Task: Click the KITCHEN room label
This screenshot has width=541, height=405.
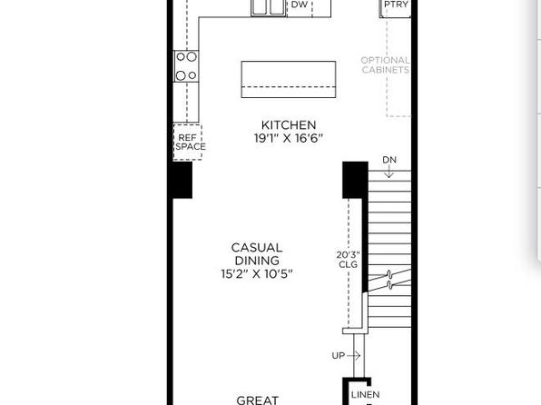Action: [x=289, y=125]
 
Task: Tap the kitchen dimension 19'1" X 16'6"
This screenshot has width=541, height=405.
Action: [x=289, y=138]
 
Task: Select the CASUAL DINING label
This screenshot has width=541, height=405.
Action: [x=257, y=254]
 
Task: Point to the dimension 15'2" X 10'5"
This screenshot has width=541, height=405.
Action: [x=257, y=274]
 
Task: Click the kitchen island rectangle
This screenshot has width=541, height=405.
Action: [x=289, y=79]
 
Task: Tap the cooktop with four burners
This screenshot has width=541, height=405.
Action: [x=186, y=66]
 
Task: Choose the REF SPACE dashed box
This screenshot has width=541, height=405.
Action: [x=188, y=142]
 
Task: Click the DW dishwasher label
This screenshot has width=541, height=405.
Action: [x=300, y=5]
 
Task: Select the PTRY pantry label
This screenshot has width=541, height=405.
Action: [x=396, y=5]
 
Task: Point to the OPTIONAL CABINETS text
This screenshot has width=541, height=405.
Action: [x=386, y=64]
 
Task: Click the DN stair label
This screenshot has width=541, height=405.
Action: [x=389, y=160]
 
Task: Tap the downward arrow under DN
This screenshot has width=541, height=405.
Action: [x=389, y=172]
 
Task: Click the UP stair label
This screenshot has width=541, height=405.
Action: [x=338, y=356]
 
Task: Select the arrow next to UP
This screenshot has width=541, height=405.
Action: [x=353, y=355]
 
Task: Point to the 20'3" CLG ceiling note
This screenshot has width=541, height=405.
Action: [x=349, y=260]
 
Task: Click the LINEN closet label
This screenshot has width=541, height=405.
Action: [x=366, y=395]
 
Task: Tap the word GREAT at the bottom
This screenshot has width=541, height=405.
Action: [x=258, y=400]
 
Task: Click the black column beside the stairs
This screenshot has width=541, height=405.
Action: [x=355, y=180]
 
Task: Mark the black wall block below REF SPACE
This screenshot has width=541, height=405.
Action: [x=182, y=180]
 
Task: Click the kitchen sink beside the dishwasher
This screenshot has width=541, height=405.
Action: [x=269, y=7]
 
